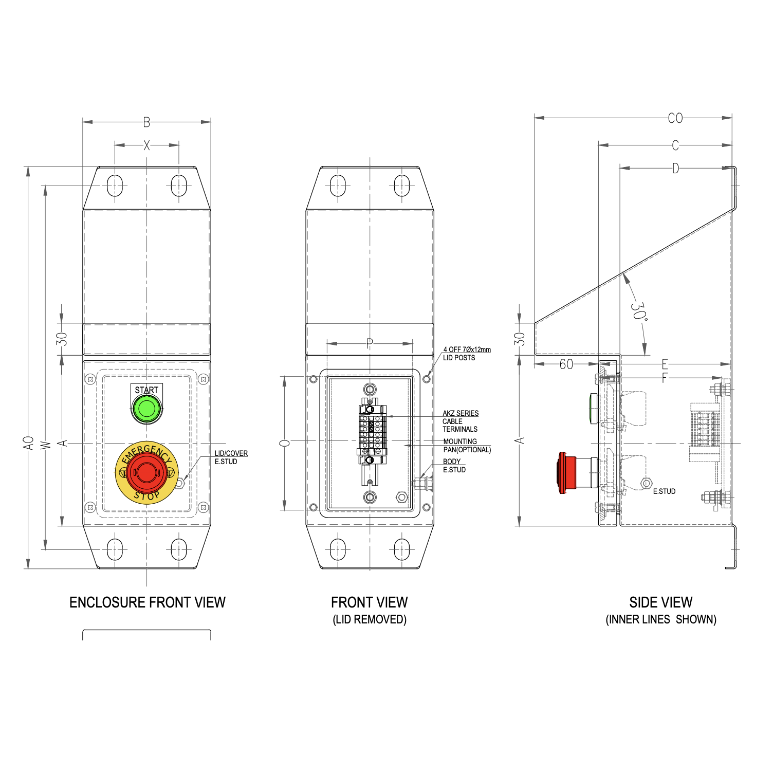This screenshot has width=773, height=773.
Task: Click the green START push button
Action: (x=147, y=410)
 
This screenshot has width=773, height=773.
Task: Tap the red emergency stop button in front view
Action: (x=146, y=472)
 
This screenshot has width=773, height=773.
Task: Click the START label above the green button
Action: (x=147, y=390)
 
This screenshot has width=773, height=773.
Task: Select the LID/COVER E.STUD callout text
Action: (x=231, y=457)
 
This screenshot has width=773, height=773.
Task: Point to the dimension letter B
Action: (x=146, y=122)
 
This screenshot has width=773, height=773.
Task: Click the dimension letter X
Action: (x=146, y=145)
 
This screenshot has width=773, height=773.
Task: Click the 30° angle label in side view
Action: (x=638, y=311)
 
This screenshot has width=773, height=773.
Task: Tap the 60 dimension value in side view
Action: (x=566, y=364)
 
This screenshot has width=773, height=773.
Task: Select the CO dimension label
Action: (x=675, y=118)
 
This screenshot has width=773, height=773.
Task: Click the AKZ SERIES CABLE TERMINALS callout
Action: (x=460, y=421)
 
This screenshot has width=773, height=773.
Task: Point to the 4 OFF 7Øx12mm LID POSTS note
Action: (x=466, y=354)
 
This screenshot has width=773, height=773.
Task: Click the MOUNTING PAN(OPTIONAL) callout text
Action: (x=467, y=446)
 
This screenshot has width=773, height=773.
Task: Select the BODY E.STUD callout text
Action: (x=454, y=466)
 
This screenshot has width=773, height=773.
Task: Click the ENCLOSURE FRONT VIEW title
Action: (x=147, y=602)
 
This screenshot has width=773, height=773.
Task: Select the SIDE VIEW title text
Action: (x=660, y=602)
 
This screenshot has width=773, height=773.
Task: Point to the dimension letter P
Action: (x=369, y=343)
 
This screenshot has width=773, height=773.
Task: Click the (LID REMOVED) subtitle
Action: (x=369, y=619)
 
